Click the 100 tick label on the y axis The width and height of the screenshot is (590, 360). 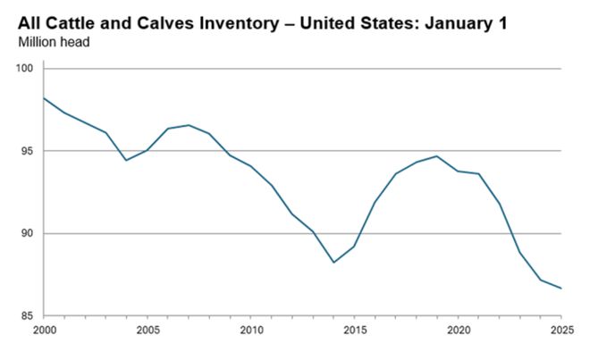(x=25, y=69)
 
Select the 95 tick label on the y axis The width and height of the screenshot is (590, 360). (x=28, y=151)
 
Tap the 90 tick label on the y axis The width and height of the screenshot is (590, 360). (x=28, y=233)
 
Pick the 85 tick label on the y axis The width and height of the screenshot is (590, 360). (x=28, y=315)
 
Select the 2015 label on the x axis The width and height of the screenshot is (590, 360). (x=354, y=328)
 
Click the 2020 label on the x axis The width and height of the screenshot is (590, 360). (x=458, y=328)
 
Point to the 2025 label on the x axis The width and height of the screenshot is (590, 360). (x=560, y=328)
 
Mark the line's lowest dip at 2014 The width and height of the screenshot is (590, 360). (x=333, y=262)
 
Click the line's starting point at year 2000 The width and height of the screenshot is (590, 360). (x=43, y=98)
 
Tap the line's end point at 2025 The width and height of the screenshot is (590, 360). (x=561, y=289)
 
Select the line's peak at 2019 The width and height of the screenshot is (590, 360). (x=437, y=156)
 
